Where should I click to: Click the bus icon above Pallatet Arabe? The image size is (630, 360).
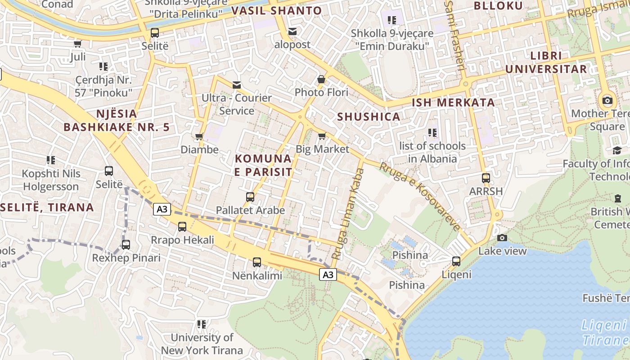250,197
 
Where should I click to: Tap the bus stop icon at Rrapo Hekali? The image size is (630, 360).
182,227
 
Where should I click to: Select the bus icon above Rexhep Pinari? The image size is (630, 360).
126,245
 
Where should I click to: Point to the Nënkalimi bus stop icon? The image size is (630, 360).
257,262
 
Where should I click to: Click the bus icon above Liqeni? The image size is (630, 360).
456,261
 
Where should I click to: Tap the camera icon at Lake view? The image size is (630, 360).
502,238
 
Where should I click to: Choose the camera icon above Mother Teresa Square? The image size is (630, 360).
607,100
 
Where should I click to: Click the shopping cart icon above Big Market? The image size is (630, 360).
322,135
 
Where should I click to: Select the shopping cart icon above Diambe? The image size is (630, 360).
199,136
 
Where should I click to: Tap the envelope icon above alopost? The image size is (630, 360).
292,31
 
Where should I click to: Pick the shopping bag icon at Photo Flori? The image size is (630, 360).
321,79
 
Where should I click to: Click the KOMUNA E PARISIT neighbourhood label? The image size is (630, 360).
263,165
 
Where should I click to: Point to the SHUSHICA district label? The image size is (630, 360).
369,117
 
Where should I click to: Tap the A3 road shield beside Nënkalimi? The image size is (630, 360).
328,274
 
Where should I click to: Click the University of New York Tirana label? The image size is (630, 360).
202,344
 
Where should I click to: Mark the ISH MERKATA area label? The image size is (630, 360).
453,102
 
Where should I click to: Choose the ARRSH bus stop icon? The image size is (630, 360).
486,178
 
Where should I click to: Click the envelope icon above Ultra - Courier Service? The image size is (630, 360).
236,85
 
